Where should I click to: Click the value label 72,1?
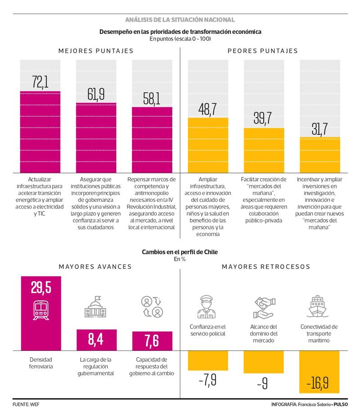(40, 82)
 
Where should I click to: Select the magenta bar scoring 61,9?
(96, 137)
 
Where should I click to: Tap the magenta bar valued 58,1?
(152, 140)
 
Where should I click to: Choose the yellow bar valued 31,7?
(319, 154)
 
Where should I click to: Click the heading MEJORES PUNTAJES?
(96, 51)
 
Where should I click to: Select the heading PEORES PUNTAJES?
(263, 51)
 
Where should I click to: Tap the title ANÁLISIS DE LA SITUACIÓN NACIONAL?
(180, 20)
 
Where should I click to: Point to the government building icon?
(96, 308)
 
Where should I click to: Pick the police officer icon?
(207, 308)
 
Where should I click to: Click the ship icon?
(319, 307)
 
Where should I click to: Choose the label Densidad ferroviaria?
(41, 363)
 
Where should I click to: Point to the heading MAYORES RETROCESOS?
(266, 267)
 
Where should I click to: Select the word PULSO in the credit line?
(341, 404)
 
